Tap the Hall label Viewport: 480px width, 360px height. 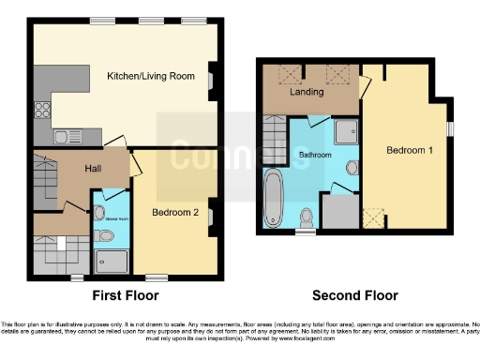[x=94, y=169]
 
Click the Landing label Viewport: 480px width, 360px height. [x=307, y=93]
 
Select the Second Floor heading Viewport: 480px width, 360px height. [x=354, y=295]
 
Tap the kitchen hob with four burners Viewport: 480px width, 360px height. [x=43, y=110]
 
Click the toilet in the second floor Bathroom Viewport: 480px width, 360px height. [x=305, y=217]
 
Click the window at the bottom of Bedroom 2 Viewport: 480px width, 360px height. [x=156, y=277]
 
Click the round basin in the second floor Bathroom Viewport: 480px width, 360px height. [x=350, y=168]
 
